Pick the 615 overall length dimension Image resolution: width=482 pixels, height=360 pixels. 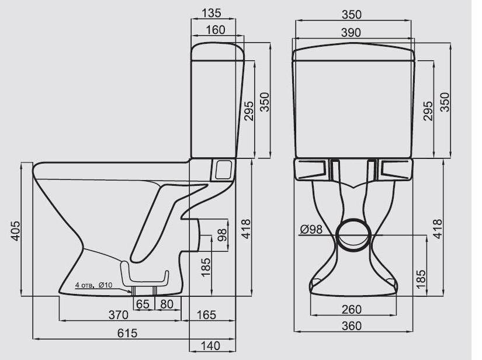click(127, 333)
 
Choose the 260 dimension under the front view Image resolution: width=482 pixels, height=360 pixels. click(352, 309)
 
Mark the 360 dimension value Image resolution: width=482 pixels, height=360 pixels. click(352, 326)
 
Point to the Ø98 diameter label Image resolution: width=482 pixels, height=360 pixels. click(311, 230)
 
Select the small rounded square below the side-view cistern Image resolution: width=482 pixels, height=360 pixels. click(223, 169)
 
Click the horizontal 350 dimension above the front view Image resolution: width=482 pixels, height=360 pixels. click(352, 14)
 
